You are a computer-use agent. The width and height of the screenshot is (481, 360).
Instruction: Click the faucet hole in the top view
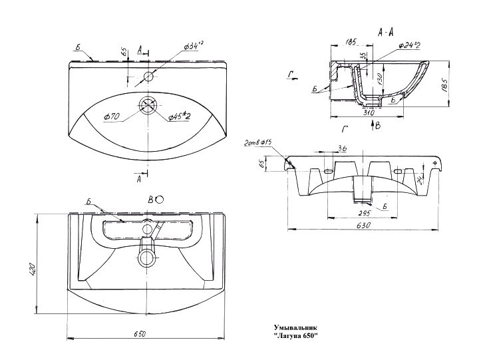coord(148,77)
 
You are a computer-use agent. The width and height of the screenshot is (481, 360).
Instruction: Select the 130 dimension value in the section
coord(378,78)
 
